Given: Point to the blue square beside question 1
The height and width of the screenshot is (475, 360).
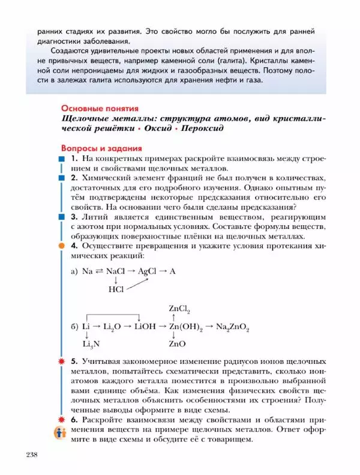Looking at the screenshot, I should point(61,159).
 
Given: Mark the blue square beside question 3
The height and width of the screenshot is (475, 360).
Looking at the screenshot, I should point(61,215).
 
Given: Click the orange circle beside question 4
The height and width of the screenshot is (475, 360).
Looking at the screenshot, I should point(61,246).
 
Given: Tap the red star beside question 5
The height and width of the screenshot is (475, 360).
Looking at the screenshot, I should point(61,362).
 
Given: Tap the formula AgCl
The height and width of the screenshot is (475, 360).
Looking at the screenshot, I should point(148,271).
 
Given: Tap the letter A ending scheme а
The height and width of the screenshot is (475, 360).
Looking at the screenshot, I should point(172,271).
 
